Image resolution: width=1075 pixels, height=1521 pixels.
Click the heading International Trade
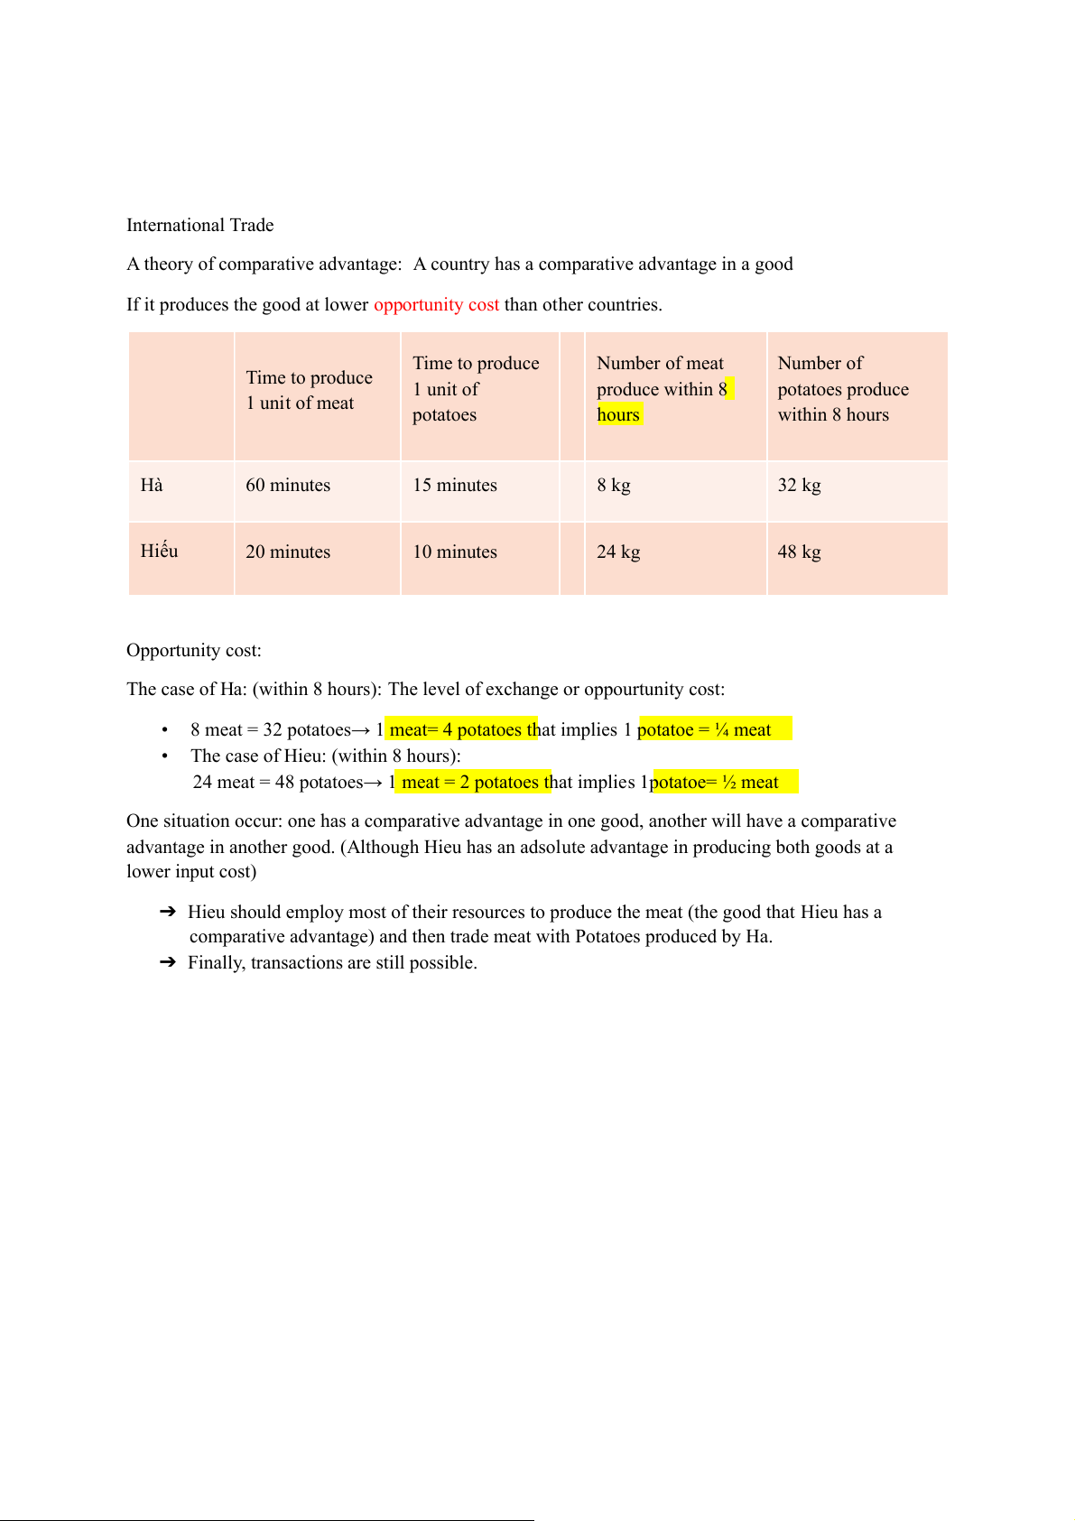tap(199, 225)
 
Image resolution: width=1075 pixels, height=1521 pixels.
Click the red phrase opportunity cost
tap(436, 304)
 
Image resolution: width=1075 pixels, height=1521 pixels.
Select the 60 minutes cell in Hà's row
tap(288, 485)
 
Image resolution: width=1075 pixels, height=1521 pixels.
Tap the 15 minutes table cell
tap(455, 485)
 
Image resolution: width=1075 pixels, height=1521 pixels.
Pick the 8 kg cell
tap(614, 485)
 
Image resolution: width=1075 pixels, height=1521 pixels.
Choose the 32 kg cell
tap(799, 485)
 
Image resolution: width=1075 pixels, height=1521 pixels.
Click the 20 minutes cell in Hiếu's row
tap(288, 552)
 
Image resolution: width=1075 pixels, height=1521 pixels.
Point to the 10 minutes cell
tap(455, 552)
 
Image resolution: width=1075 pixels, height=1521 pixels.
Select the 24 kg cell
tap(618, 552)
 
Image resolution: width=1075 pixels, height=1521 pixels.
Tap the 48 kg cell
tap(799, 552)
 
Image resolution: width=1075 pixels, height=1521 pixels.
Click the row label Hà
tap(152, 485)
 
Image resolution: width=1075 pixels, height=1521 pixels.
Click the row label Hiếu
tap(159, 551)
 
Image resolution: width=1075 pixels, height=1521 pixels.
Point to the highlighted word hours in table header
tap(618, 414)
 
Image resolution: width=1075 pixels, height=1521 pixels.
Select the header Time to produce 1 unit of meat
tap(309, 390)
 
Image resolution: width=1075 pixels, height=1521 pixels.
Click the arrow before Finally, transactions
tap(168, 962)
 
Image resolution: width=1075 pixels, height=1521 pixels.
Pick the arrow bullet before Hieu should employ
tap(168, 912)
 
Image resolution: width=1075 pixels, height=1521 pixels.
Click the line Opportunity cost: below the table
tap(194, 650)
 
